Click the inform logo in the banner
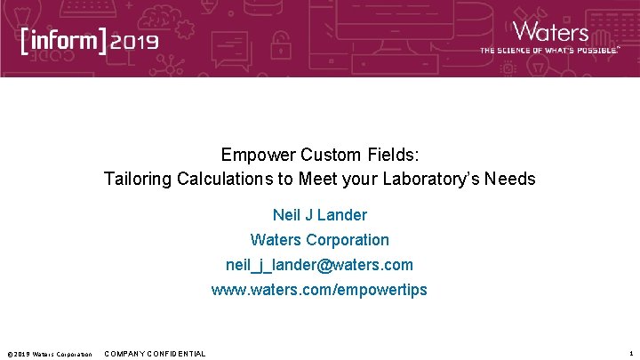click(65, 41)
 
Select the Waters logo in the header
click(551, 33)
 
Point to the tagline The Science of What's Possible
click(549, 51)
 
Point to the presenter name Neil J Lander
click(319, 214)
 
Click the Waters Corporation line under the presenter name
click(319, 239)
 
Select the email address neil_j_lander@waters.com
click(319, 265)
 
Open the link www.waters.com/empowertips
click(319, 290)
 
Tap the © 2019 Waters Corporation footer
click(49, 354)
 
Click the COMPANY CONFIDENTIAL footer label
click(155, 354)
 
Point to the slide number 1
click(630, 354)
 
